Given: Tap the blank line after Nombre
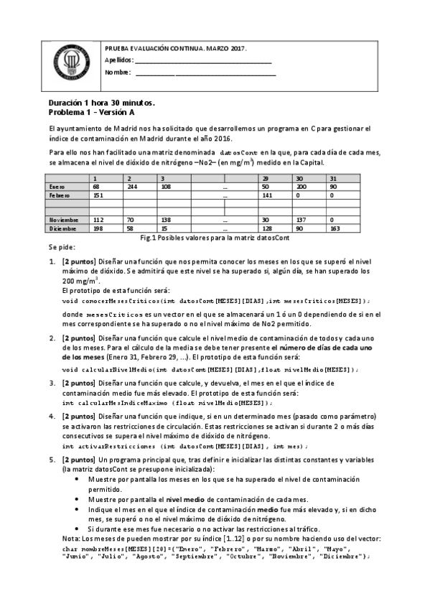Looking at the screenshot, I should (205, 73).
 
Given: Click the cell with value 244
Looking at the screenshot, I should (132, 186).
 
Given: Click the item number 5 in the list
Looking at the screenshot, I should (52, 457).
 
